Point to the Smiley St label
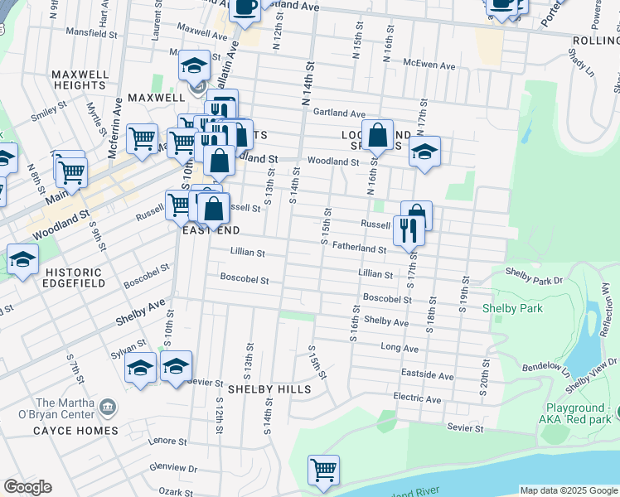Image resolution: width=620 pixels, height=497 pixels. click(49, 109)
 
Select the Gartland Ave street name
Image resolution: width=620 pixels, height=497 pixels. click(340, 113)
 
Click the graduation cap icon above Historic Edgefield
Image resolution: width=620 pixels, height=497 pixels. click(22, 259)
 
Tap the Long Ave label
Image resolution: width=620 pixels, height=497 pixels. click(399, 348)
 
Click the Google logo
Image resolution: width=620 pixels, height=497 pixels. click(27, 487)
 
